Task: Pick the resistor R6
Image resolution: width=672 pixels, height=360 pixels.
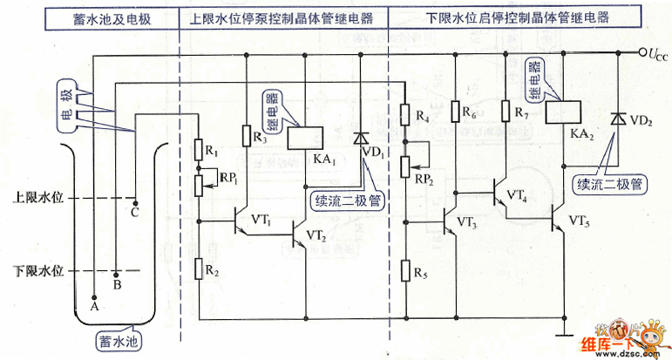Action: pos(456,112)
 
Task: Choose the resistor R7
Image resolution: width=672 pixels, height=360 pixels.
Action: pos(505,112)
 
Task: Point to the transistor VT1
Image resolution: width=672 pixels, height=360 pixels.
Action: pos(241,222)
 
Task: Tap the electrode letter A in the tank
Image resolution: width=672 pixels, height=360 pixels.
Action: pos(94,307)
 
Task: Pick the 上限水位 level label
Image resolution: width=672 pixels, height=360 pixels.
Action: pos(38,197)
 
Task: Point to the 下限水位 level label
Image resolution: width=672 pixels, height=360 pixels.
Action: pos(38,270)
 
